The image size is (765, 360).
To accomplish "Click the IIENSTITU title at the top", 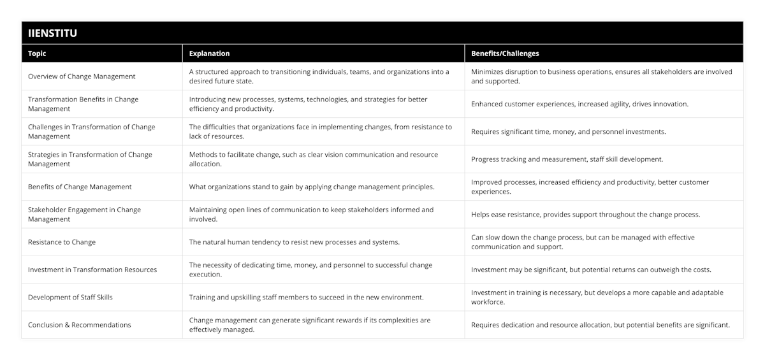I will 53,33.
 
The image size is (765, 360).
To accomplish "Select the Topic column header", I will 37,54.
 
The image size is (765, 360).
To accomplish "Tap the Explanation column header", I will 209,54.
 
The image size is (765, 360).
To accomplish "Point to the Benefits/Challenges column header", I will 505,54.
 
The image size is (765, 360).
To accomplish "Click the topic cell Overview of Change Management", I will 82,76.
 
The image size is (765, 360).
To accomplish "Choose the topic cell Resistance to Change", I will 62,242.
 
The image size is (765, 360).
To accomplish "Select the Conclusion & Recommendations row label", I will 80,325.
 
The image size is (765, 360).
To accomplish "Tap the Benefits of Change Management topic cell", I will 80,187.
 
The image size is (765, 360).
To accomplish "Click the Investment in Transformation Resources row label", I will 92,270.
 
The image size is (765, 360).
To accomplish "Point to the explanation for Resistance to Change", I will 295,242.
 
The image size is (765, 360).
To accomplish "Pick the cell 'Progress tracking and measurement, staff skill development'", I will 567,159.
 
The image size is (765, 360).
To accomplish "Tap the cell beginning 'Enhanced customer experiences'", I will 579,104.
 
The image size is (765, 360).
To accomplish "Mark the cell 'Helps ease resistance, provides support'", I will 585,215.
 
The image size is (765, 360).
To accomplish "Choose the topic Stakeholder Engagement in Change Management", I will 85,214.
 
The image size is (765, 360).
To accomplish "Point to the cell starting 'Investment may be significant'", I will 591,270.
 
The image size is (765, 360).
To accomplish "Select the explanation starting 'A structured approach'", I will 319,76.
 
